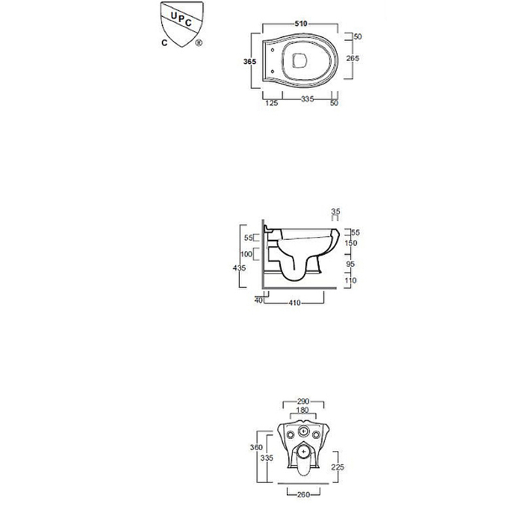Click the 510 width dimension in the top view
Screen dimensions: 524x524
point(301,24)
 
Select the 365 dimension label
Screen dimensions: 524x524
point(250,62)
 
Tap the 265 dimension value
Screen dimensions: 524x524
point(352,58)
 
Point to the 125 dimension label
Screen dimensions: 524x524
point(271,103)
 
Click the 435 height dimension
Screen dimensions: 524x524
point(239,268)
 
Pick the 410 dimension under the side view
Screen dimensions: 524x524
point(294,303)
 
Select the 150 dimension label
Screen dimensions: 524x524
point(351,243)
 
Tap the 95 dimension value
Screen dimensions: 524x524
point(350,264)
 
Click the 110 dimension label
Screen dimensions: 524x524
point(350,280)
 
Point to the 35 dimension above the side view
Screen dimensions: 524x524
point(335,211)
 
